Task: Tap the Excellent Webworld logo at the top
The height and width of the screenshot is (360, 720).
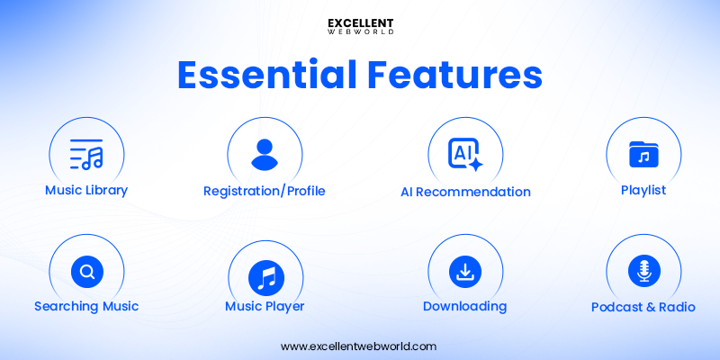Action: [x=360, y=26]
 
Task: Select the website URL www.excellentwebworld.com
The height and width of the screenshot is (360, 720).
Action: [x=359, y=346]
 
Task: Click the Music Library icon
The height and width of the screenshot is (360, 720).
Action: [x=86, y=155]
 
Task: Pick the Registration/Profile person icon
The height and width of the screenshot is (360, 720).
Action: [x=265, y=154]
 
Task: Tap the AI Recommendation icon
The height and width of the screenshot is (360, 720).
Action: [x=465, y=155]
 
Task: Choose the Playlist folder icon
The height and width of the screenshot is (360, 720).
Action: [x=643, y=155]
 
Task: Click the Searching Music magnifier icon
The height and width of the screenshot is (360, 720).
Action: [x=87, y=271]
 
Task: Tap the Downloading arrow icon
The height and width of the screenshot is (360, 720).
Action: [x=465, y=270]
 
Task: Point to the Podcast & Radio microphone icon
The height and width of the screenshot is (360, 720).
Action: [x=643, y=270]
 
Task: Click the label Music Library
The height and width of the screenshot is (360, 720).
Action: [x=86, y=190]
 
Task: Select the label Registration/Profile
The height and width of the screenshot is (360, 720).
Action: [x=265, y=191]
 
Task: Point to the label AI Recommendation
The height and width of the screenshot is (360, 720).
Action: [x=465, y=192]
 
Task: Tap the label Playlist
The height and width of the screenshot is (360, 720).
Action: [x=643, y=190]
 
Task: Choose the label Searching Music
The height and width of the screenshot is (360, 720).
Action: [x=86, y=306]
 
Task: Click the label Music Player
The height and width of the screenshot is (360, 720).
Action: [x=265, y=306]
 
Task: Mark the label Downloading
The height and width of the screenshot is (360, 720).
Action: [x=464, y=306]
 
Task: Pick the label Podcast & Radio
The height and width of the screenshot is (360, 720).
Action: [x=643, y=307]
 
